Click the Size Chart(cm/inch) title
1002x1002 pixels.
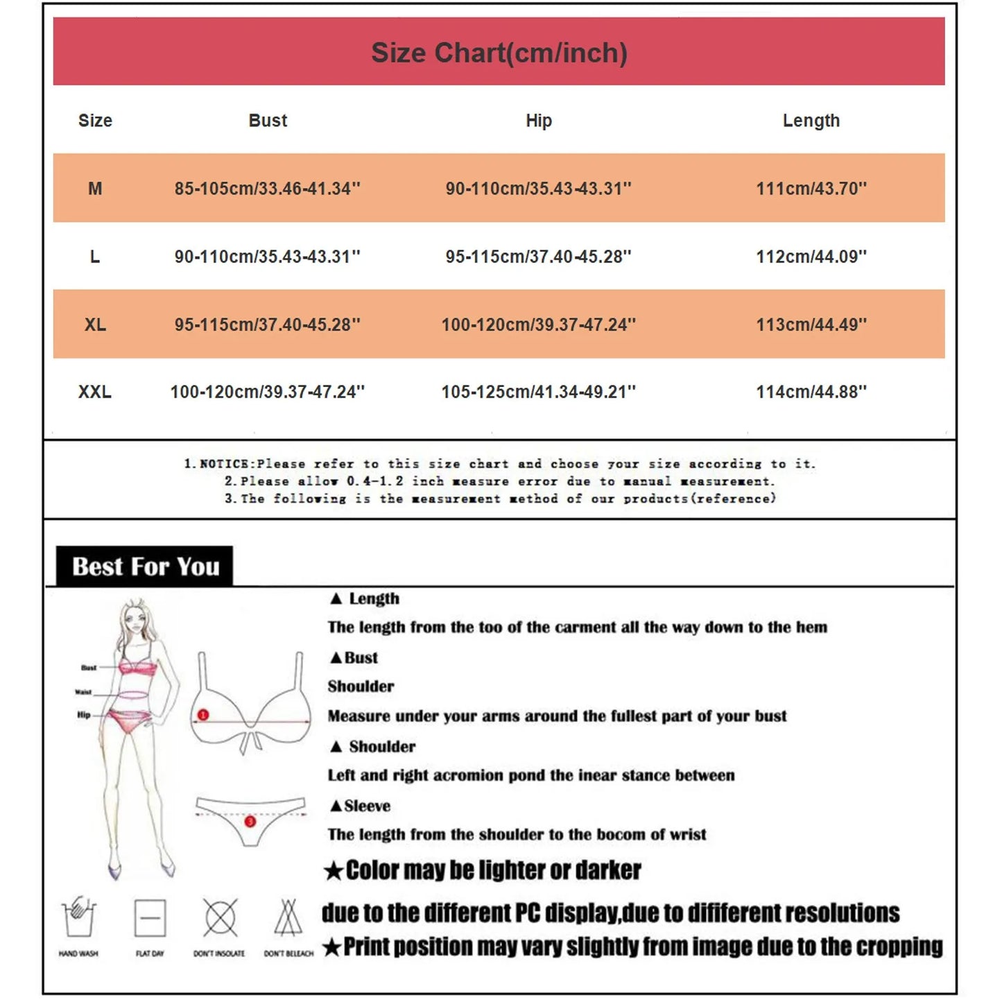tap(499, 53)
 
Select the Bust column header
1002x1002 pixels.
tap(268, 121)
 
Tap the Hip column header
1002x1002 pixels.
tap(539, 121)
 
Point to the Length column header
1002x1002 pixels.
tap(811, 121)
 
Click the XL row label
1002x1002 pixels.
tap(95, 325)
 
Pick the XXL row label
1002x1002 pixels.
tap(95, 392)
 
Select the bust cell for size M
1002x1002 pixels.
tap(268, 189)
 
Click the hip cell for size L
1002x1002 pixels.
tap(539, 257)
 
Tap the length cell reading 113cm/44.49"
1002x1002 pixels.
tap(811, 325)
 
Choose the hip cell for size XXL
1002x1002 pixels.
tap(539, 392)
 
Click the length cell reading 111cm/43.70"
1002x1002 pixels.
tap(811, 189)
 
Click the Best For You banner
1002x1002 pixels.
tap(145, 567)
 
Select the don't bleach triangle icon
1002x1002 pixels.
tap(288, 918)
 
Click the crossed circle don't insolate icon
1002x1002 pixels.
tap(220, 918)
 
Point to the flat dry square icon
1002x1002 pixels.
tap(150, 918)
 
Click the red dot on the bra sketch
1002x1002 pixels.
tap(203, 714)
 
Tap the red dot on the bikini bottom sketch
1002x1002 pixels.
tap(250, 822)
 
